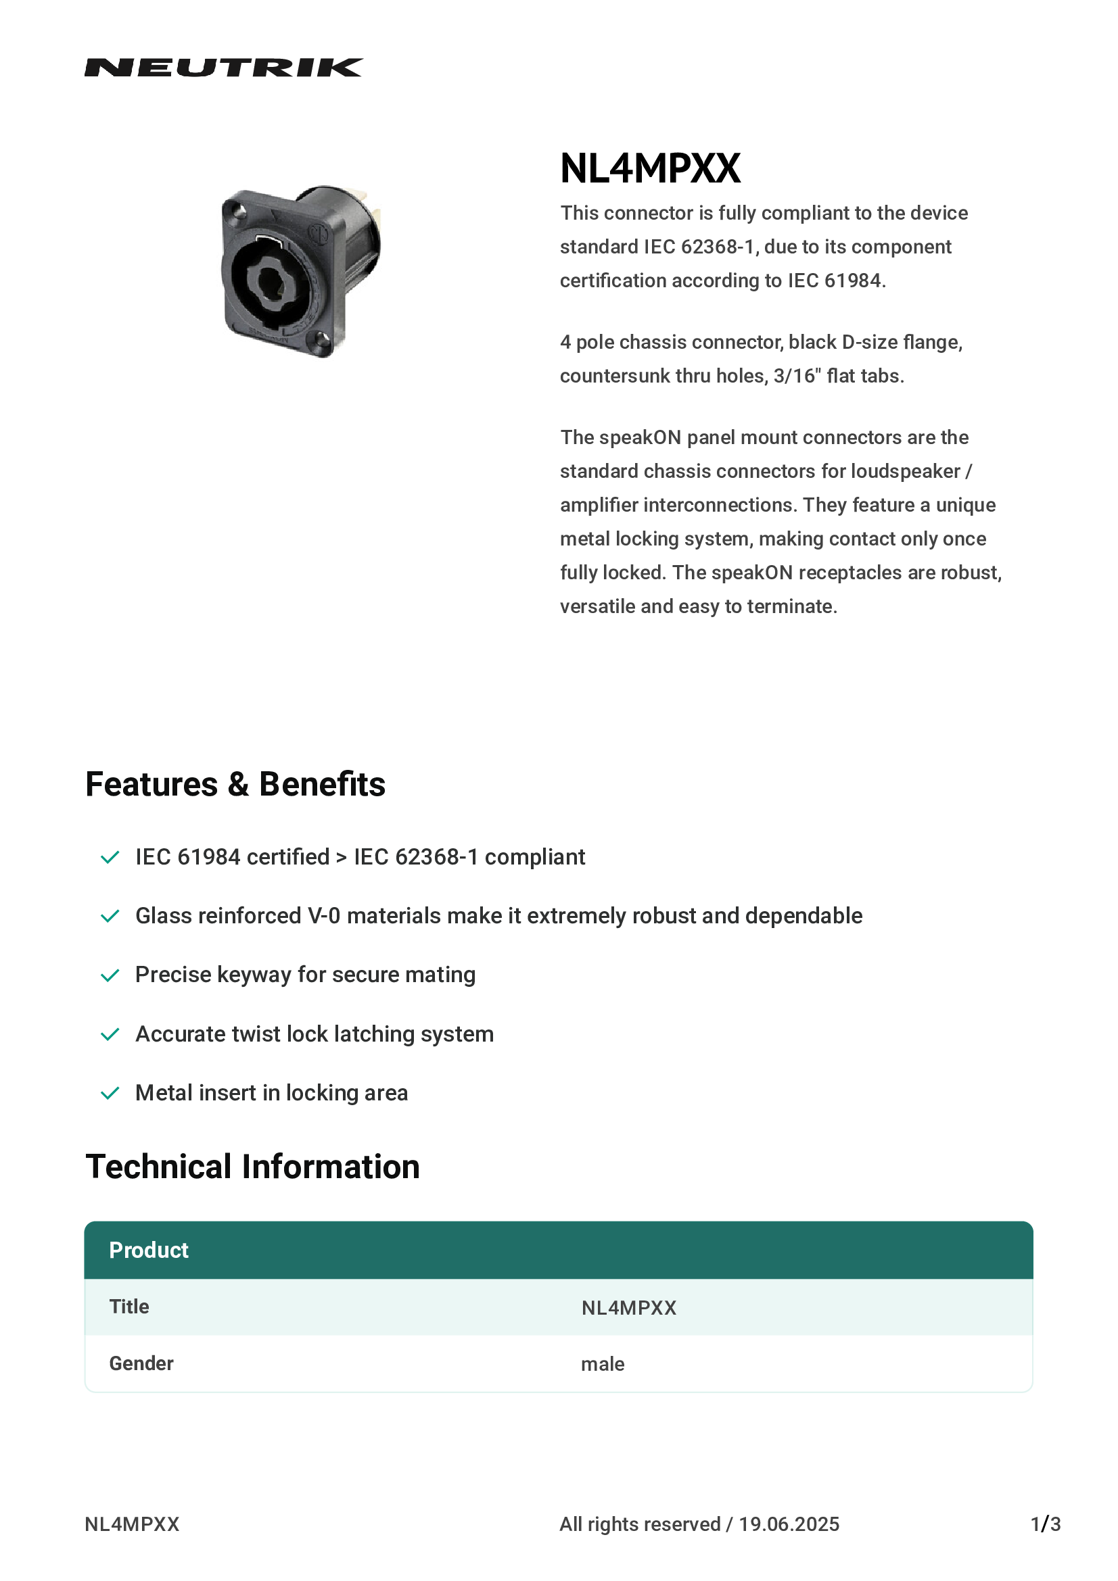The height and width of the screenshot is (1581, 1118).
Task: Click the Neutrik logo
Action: (223, 68)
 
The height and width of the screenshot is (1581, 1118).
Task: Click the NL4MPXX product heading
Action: (649, 169)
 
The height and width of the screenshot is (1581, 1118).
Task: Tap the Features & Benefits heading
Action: (235, 784)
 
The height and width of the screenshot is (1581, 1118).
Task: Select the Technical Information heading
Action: (252, 1167)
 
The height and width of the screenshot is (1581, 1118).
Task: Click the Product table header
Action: (149, 1250)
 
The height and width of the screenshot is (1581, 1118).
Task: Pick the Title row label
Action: (129, 1307)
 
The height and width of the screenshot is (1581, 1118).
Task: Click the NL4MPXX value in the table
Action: (628, 1308)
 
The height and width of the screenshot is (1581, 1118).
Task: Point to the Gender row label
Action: (141, 1363)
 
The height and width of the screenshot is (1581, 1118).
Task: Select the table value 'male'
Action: (602, 1364)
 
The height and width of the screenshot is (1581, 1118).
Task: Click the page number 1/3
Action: (1045, 1524)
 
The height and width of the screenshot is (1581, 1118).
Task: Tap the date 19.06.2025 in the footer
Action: (789, 1524)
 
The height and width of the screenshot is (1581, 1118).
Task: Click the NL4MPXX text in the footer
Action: (132, 1524)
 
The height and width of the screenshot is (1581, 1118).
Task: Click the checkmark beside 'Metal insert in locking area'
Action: (110, 1093)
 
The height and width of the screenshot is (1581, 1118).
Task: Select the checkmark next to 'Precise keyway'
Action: (110, 975)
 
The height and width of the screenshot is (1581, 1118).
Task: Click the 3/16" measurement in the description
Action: (796, 376)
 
